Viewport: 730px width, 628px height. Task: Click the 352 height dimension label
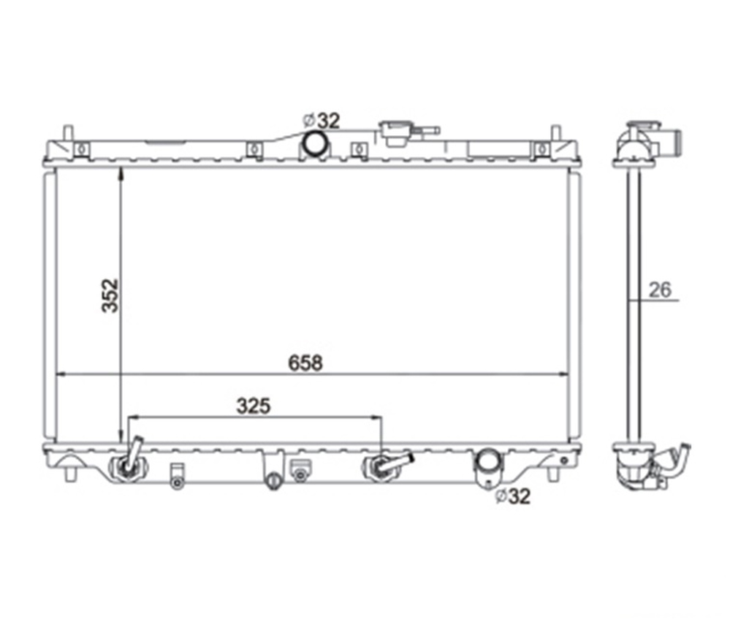(x=110, y=295)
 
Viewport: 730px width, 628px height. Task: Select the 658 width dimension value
(x=305, y=363)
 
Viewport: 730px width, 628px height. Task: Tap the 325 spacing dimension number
(x=254, y=406)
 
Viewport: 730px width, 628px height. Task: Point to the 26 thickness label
(x=660, y=290)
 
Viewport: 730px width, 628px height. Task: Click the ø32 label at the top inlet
(x=322, y=121)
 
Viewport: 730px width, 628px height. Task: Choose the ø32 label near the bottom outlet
(x=512, y=496)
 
